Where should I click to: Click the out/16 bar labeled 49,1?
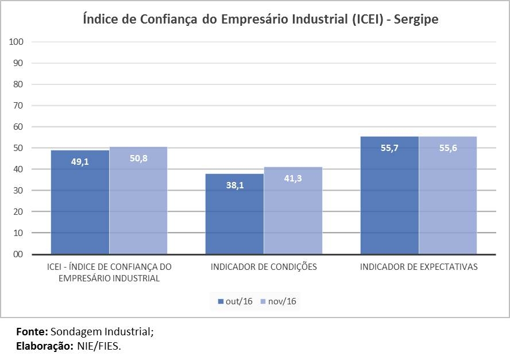point(80,207)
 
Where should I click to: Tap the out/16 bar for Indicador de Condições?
point(234,218)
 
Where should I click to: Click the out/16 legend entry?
point(236,301)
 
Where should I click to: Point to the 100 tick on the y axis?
point(16,42)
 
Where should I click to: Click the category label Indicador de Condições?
point(264,267)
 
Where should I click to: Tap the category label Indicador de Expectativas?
point(419,267)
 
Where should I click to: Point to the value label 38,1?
point(234,185)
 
